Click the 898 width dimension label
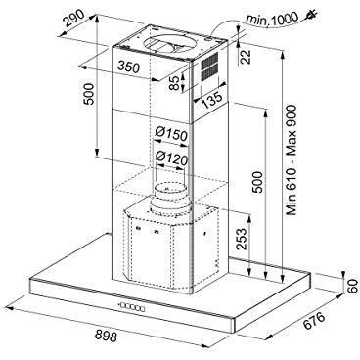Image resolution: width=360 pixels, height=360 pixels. tap(107, 336)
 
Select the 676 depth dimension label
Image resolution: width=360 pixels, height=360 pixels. tap(314, 321)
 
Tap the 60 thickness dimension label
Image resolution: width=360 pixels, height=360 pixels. tap(352, 287)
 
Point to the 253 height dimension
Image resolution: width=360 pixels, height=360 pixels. tap(242, 239)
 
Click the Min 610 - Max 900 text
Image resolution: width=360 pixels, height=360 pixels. tap(292, 159)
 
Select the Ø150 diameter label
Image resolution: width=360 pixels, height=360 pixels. tap(171, 134)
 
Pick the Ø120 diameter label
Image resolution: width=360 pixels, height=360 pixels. tap(171, 158)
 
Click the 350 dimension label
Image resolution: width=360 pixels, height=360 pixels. tap(128, 67)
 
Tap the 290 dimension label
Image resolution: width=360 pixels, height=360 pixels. tap(74, 18)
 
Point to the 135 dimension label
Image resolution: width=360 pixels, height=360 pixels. tap(212, 101)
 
